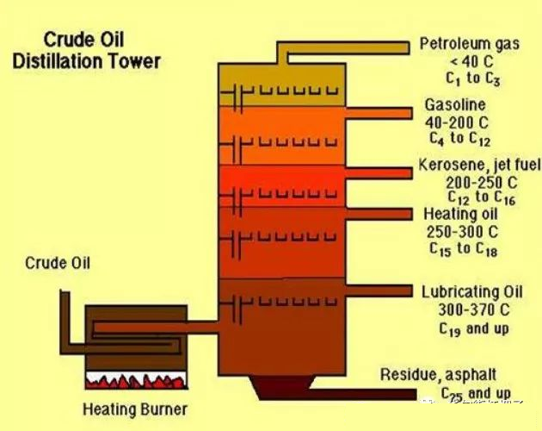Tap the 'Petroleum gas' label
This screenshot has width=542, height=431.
pyautogui.click(x=469, y=43)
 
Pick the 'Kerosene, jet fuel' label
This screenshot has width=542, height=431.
pyautogui.click(x=471, y=166)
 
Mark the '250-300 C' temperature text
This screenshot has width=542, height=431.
pyautogui.click(x=462, y=232)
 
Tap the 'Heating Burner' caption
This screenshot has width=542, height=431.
pyautogui.click(x=134, y=408)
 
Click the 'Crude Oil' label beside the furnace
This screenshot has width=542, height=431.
pyautogui.click(x=58, y=262)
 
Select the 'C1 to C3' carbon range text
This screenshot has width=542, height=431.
pyautogui.click(x=470, y=80)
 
